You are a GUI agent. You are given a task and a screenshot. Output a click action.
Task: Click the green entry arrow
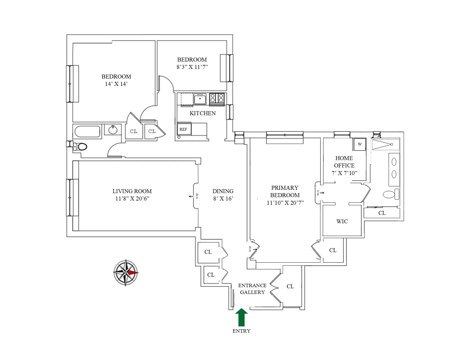coord(241,317)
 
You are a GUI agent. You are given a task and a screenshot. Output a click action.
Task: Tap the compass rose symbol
coord(126,273)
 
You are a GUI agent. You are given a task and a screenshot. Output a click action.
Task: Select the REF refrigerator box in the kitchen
coord(184,130)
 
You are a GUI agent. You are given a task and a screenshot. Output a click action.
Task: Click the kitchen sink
coord(200,99)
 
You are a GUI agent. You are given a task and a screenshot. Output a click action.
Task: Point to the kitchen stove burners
coord(217,98)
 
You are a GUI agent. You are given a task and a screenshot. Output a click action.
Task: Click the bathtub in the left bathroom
coord(88,132)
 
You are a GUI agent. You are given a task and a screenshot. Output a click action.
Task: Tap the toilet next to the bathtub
coord(81,147)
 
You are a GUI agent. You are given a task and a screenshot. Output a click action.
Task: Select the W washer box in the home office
coord(360,144)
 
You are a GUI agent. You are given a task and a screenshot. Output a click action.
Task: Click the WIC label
coord(342,222)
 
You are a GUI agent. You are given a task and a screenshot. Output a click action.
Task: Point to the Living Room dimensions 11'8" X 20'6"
coord(132,198)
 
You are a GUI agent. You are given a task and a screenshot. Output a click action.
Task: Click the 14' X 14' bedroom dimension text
coord(116,84)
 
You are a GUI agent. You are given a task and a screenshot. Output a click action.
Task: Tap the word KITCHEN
coord(202,113)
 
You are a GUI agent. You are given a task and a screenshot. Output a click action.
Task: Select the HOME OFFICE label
coord(344,162)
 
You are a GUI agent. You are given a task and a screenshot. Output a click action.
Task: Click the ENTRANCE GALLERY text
coord(252,289)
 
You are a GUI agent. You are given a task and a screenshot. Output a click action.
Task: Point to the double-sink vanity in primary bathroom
coord(394,169)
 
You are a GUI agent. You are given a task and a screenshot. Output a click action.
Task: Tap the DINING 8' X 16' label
coord(223,195)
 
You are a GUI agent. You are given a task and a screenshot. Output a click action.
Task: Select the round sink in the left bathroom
coord(113,130)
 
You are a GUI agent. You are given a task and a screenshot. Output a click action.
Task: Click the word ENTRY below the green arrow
coord(241,331)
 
